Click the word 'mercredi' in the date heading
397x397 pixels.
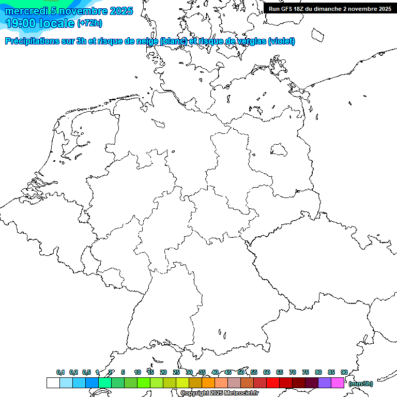pos(26,11)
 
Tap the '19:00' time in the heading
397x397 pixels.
pos(21,23)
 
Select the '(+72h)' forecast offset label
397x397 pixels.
pos(89,23)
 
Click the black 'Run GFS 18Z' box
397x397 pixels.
pos(330,9)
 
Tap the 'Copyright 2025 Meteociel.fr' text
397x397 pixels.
pos(219,393)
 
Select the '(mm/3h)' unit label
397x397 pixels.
pos(361,384)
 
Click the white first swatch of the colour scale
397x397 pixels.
pos(53,383)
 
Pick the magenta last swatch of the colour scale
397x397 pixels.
pos(338,383)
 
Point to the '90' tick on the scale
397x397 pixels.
pos(344,372)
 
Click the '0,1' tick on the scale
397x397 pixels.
pos(60,372)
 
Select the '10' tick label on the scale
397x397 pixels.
pos(138,372)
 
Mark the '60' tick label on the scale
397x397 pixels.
pos(267,372)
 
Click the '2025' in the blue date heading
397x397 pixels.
pos(121,11)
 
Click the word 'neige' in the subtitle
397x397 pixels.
pos(147,41)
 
